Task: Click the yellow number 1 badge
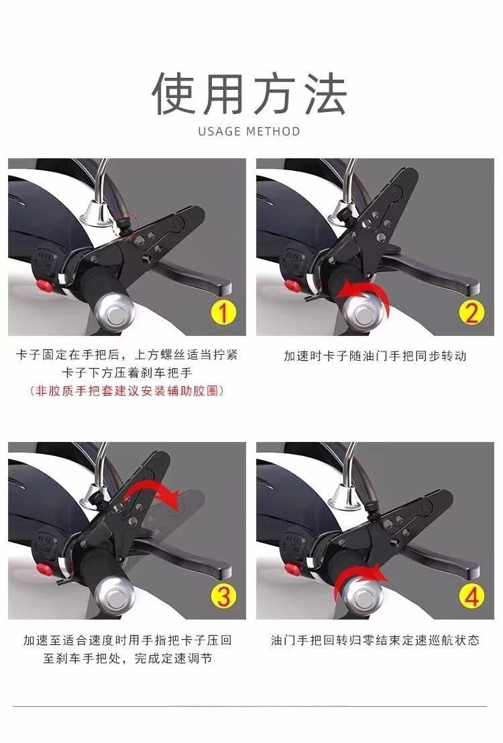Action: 223,312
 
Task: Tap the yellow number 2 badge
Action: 471,312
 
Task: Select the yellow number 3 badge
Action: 223,596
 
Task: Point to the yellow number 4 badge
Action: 471,596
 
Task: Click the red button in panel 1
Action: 45,285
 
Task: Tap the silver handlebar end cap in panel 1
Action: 115,312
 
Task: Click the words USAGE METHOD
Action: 249,131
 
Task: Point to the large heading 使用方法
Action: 250,93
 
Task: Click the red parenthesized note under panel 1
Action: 127,391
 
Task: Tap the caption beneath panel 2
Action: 375,355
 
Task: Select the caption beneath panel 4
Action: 375,640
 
